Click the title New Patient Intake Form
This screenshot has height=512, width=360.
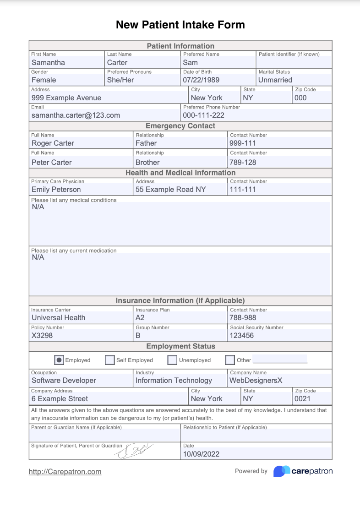click(180, 25)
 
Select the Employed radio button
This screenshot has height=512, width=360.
click(59, 360)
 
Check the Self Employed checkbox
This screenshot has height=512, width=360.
click(110, 360)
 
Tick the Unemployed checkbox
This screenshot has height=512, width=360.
click(172, 360)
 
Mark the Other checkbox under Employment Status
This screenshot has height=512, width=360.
click(230, 360)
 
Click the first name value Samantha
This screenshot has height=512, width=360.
click(48, 63)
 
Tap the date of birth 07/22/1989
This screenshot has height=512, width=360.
click(201, 80)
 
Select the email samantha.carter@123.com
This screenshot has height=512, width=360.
click(76, 115)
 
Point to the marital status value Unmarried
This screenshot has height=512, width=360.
click(275, 80)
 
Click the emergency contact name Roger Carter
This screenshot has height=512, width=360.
click(53, 143)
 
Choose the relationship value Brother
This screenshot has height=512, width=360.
click(147, 163)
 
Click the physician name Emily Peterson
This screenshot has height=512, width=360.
click(56, 190)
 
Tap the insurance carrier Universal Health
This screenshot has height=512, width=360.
click(58, 318)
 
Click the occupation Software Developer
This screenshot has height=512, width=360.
click(64, 381)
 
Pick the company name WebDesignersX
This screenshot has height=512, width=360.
click(256, 381)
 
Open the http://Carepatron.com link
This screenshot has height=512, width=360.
click(65, 472)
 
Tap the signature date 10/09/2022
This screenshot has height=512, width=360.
click(201, 454)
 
